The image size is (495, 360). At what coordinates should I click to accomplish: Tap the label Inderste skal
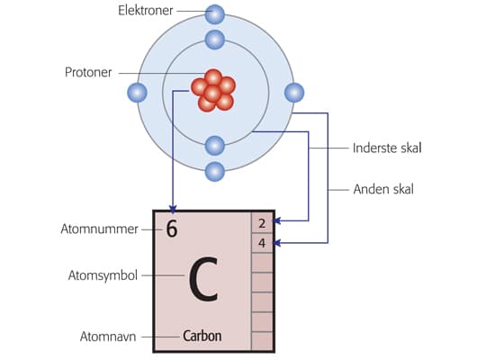[387, 148]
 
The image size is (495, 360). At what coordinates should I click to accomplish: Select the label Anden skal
[382, 190]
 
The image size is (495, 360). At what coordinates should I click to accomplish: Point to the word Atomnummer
[105, 229]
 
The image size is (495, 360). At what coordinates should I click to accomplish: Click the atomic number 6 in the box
[171, 229]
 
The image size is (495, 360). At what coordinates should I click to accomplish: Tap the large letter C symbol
[203, 280]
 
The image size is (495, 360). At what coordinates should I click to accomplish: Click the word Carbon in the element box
[202, 337]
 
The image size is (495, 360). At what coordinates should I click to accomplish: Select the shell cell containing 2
[262, 223]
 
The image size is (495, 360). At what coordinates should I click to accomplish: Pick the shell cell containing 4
[262, 243]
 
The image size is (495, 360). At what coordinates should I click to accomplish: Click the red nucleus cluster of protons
[213, 90]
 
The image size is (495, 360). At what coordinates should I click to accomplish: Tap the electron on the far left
[137, 92]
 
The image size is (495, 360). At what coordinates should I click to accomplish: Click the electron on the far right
[293, 92]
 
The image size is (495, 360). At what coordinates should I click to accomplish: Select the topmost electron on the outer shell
[214, 13]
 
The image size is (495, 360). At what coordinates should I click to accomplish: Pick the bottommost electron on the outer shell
[214, 170]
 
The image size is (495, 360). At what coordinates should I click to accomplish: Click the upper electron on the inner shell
[214, 40]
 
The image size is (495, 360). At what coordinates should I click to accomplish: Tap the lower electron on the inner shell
[214, 144]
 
